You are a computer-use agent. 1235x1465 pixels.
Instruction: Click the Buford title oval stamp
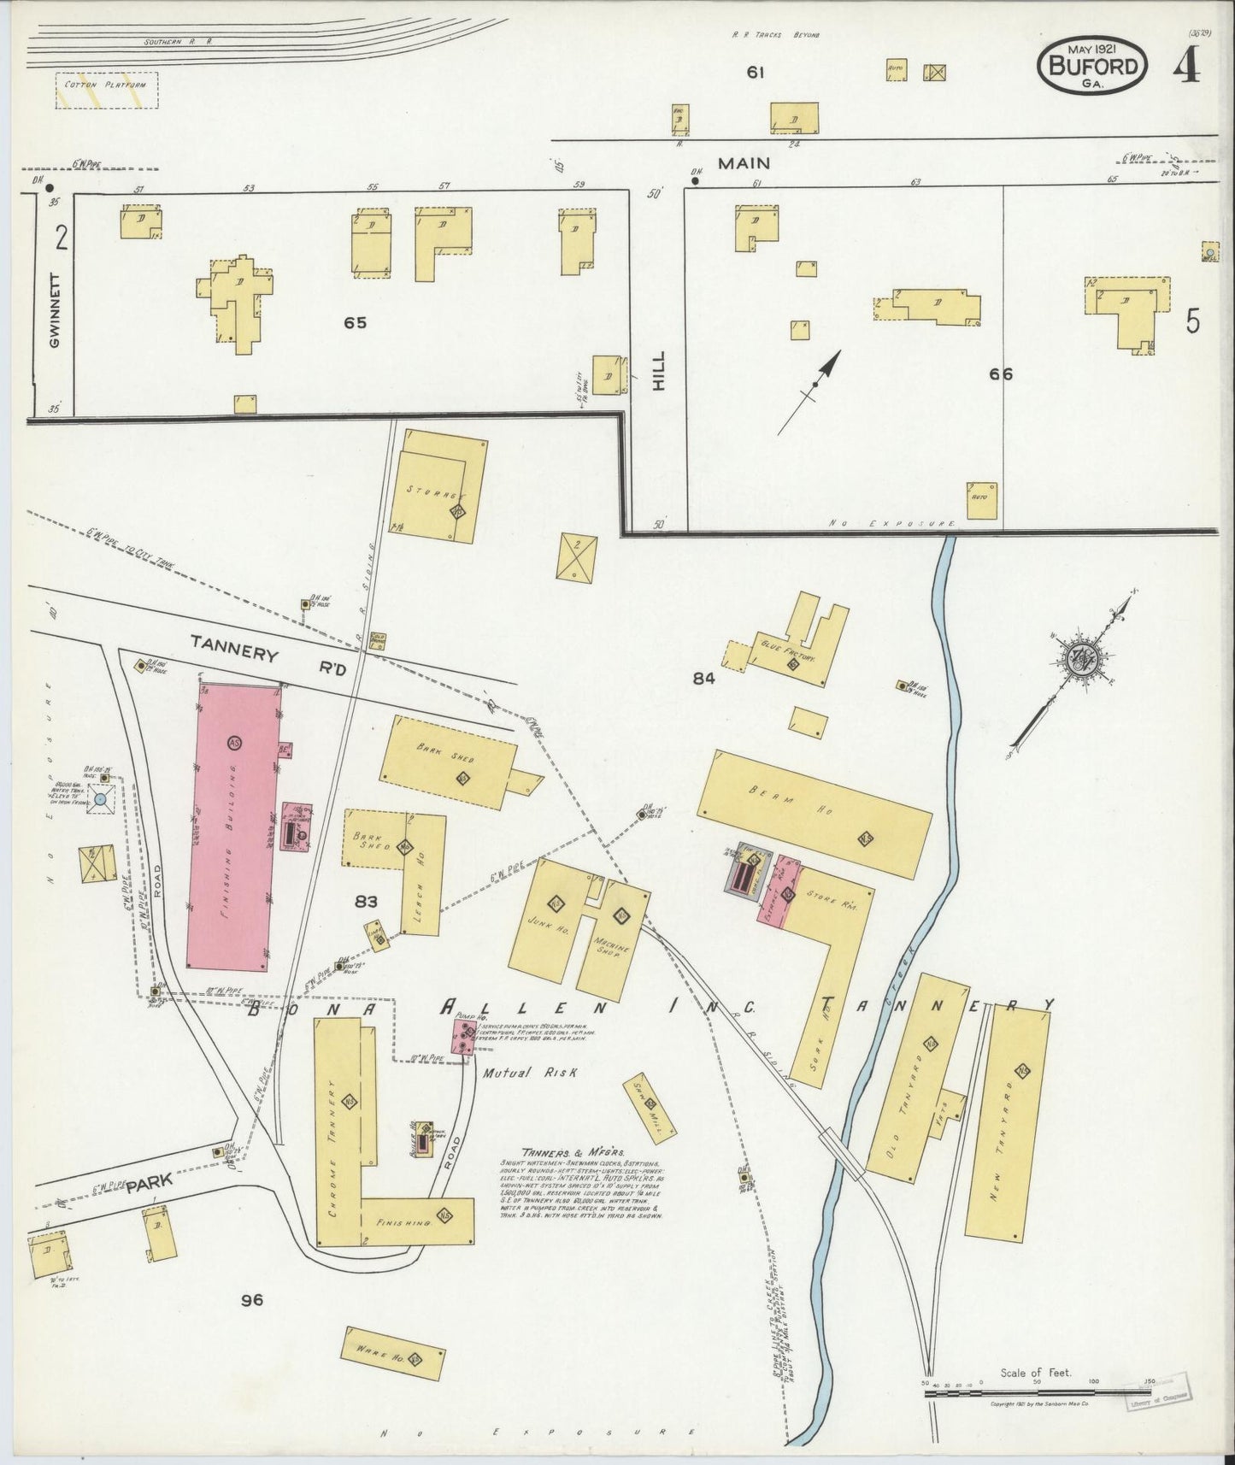(1092, 68)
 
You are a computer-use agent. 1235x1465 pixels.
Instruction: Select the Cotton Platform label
(107, 86)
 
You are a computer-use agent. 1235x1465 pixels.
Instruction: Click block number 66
(1000, 373)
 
